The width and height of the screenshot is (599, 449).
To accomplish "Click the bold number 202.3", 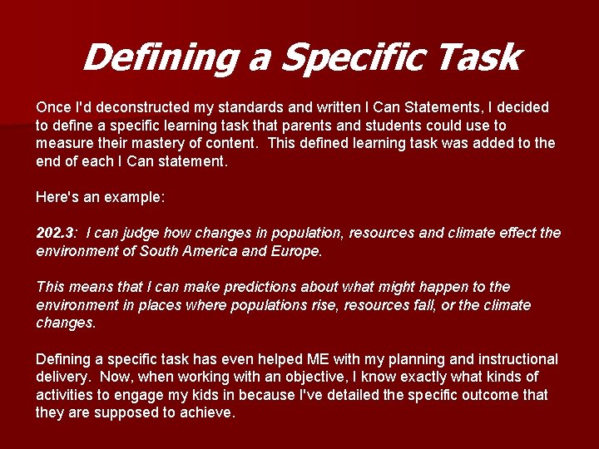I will pos(56,233).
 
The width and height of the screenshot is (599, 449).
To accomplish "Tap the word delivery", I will pos(62,377).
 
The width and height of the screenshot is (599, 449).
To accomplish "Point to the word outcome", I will pos(490,395).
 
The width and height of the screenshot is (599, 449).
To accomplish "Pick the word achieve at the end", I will pos(208,413).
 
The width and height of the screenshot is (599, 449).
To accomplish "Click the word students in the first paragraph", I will pos(393,126).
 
